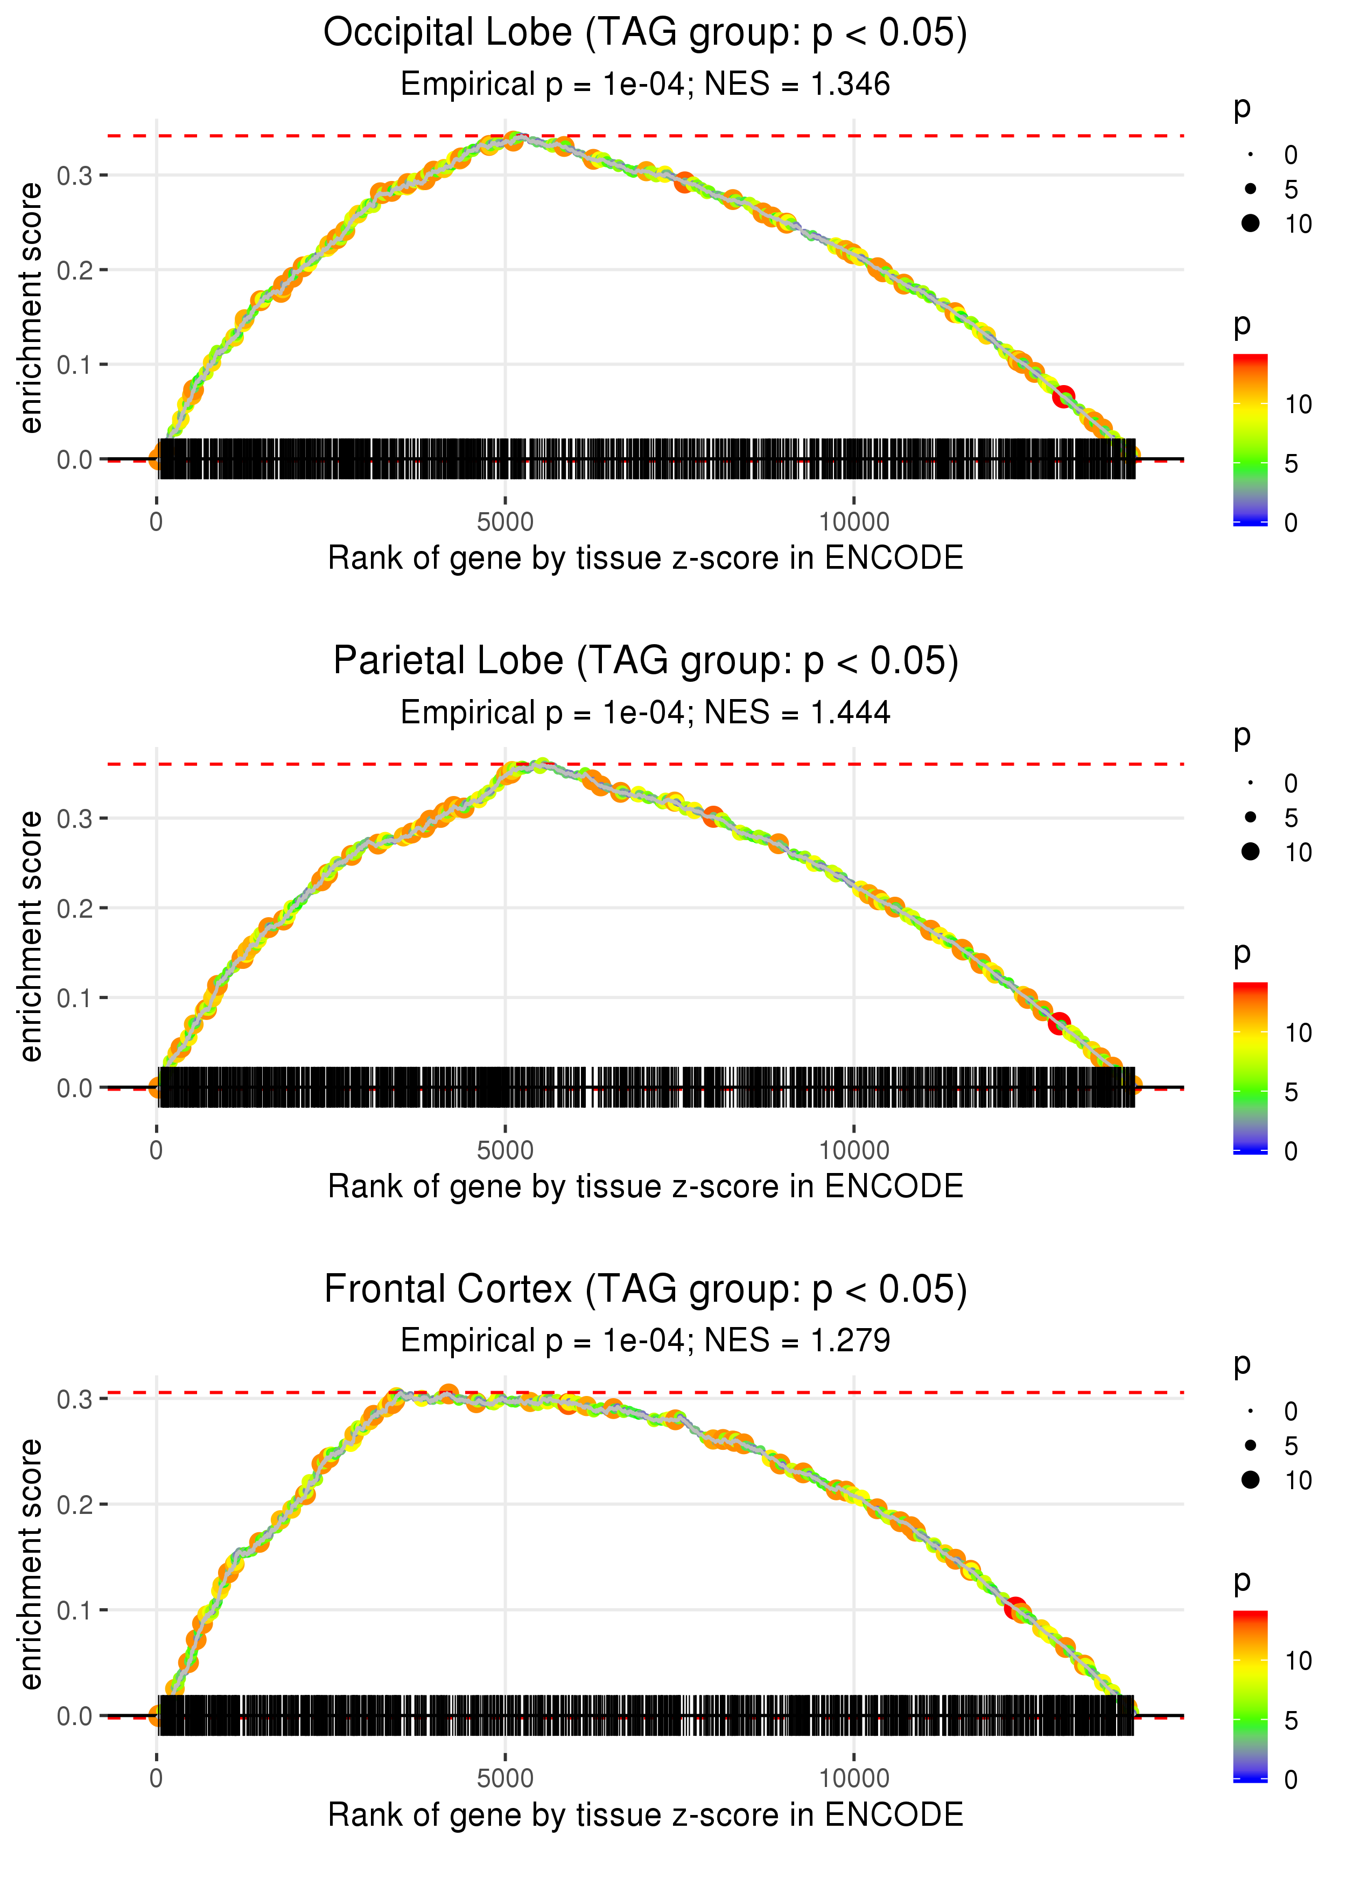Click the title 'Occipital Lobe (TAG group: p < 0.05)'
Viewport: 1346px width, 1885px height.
[x=645, y=33]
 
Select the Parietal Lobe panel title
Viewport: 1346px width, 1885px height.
[x=645, y=661]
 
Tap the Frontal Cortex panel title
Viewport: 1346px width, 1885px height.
[x=645, y=1289]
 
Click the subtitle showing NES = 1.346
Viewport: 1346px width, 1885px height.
[x=645, y=85]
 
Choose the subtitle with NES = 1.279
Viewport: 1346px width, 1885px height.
[x=645, y=1341]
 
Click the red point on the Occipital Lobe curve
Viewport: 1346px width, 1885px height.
[x=1063, y=397]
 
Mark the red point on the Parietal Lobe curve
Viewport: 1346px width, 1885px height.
[x=1058, y=1024]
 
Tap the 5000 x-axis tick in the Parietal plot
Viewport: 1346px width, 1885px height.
[x=505, y=1150]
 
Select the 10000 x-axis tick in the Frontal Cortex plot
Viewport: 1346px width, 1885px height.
[x=854, y=1778]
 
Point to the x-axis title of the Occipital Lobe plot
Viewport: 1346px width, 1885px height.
[x=645, y=558]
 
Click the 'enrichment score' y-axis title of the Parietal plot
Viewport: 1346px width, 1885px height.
[x=31, y=936]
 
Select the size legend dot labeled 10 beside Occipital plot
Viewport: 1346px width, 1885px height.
[x=1251, y=224]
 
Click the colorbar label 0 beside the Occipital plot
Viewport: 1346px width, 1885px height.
[x=1291, y=523]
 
